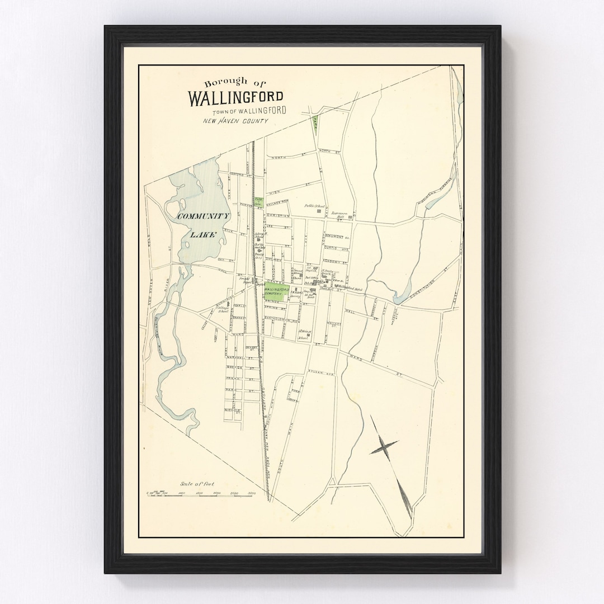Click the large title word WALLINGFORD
(235, 98)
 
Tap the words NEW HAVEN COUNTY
(235, 121)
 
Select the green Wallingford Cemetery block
(277, 291)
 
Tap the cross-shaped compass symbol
(384, 447)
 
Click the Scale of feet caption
(197, 484)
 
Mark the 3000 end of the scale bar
(251, 493)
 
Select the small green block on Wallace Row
(258, 202)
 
